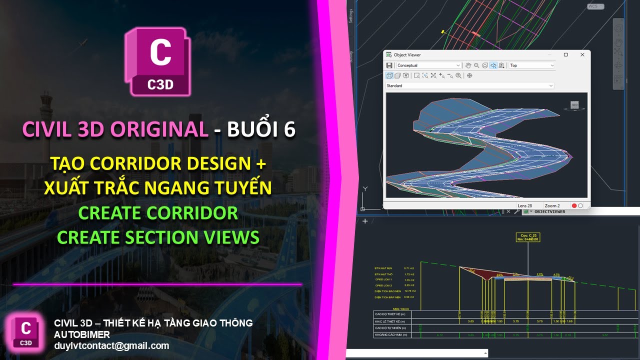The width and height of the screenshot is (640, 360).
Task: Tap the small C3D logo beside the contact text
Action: tap(26, 332)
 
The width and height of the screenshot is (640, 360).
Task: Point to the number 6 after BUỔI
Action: tap(289, 129)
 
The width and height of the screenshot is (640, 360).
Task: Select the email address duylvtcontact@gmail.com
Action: tap(111, 345)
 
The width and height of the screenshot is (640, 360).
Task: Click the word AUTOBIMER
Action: tap(82, 334)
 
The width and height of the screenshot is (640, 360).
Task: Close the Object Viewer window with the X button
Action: tap(582, 54)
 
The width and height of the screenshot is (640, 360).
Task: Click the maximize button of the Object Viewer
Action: tap(565, 54)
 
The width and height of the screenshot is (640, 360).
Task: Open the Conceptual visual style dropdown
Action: tap(428, 65)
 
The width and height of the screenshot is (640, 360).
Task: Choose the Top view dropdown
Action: tap(531, 65)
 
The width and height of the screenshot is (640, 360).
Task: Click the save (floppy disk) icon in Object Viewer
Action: tap(389, 65)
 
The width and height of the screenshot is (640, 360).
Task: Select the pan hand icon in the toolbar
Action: tap(468, 65)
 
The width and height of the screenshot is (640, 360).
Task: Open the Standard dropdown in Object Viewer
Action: tap(469, 85)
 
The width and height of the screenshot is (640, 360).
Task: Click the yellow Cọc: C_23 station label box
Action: tap(527, 236)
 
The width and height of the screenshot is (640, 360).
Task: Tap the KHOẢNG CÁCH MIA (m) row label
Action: tap(393, 334)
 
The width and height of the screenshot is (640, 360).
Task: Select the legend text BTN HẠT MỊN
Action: tap(385, 268)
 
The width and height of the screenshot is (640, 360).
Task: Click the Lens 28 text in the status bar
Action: tap(525, 205)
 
